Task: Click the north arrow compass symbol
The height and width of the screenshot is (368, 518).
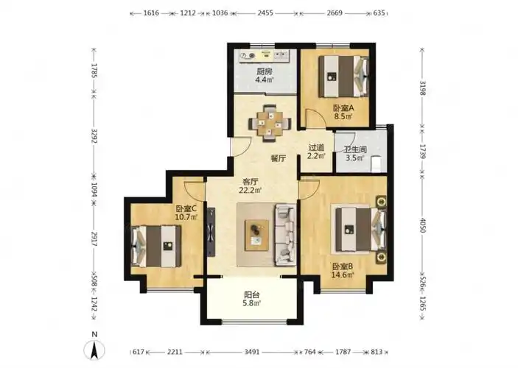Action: [94, 350]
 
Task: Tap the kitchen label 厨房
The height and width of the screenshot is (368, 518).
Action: [264, 71]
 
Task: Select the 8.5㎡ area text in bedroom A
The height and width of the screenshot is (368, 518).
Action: [343, 116]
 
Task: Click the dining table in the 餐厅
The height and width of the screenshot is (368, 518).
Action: [270, 124]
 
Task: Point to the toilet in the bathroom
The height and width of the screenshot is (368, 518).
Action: [377, 164]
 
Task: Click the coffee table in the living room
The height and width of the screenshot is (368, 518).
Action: [256, 235]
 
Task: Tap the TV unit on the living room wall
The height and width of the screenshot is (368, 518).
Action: [211, 232]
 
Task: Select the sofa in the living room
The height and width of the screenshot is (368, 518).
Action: [285, 235]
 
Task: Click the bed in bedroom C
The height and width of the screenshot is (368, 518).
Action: [156, 247]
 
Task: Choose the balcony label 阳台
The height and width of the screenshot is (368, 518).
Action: [252, 294]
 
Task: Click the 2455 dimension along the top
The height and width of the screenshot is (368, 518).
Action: [265, 13]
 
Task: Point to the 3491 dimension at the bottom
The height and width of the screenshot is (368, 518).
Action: [252, 352]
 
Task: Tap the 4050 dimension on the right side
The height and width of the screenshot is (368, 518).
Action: [422, 225]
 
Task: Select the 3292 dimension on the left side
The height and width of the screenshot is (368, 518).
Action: [94, 135]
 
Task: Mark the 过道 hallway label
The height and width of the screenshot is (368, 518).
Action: [316, 147]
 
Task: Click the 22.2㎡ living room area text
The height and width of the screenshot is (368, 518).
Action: [251, 190]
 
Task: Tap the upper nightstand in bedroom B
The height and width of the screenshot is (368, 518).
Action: [381, 202]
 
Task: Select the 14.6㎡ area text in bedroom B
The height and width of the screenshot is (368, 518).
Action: [343, 275]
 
